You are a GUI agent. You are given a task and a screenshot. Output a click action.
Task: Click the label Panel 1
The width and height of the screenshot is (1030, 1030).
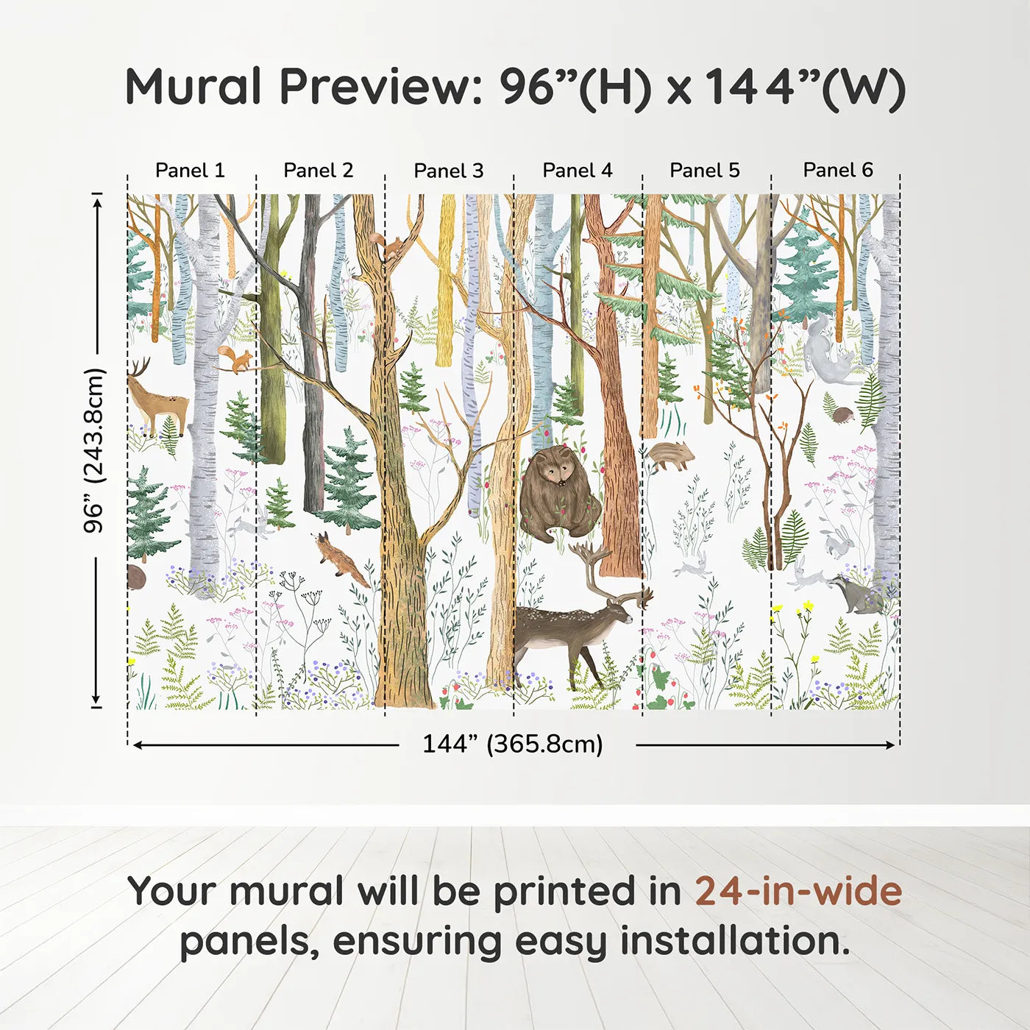point(190,171)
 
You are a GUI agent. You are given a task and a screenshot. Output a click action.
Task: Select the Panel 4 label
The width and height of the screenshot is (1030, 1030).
point(577,171)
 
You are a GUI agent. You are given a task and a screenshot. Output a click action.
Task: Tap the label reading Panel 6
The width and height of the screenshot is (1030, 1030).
point(837,171)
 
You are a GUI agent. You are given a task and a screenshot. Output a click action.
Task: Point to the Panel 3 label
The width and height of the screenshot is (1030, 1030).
point(448,171)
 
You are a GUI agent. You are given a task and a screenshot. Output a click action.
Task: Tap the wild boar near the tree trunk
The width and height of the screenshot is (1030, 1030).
point(669,455)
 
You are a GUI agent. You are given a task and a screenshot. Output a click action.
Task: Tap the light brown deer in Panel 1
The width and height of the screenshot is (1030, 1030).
point(156,401)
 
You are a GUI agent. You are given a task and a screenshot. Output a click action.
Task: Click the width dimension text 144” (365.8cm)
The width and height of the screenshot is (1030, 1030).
point(512,745)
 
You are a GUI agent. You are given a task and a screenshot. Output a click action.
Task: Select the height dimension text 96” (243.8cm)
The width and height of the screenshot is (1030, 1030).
point(94,450)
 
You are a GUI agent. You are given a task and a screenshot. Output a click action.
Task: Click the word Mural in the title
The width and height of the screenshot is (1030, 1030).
point(193,87)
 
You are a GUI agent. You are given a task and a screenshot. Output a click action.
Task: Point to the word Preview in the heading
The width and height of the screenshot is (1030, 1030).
point(380,87)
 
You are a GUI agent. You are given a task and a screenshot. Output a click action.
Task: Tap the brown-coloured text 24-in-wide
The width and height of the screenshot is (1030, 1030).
point(798,892)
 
